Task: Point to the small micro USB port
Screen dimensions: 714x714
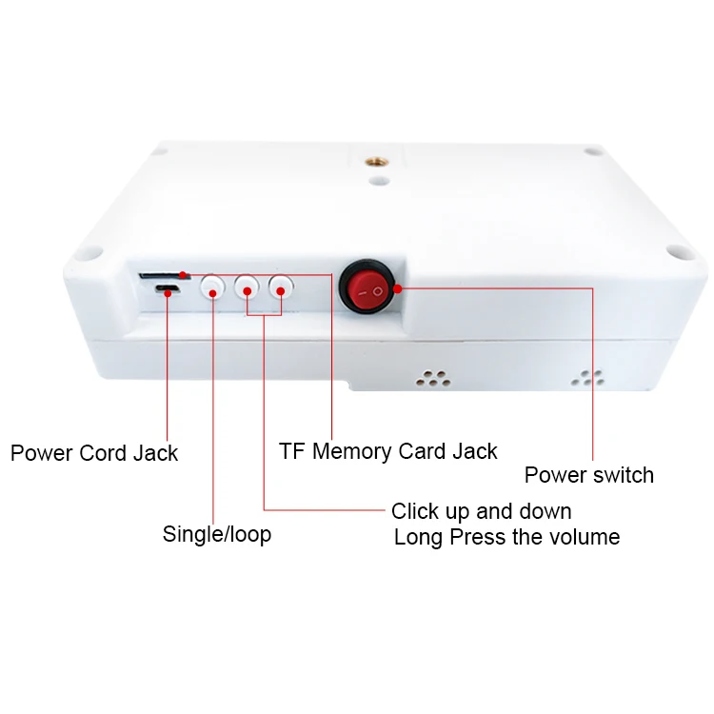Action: pos(168,289)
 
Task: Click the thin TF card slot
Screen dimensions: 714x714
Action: pos(162,276)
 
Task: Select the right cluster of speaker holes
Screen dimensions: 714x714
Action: pos(587,376)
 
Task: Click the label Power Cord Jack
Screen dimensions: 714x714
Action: pos(94,453)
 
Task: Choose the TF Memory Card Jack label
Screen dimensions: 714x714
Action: pos(388,450)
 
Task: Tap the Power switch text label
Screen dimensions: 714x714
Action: pos(589,474)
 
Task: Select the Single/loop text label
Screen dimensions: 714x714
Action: pos(217,534)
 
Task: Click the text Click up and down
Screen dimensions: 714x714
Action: pos(482,511)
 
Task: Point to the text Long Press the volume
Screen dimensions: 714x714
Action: pos(506,537)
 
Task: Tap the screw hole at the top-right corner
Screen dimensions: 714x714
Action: pos(592,151)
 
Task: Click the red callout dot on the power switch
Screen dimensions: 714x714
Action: pos(398,288)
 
